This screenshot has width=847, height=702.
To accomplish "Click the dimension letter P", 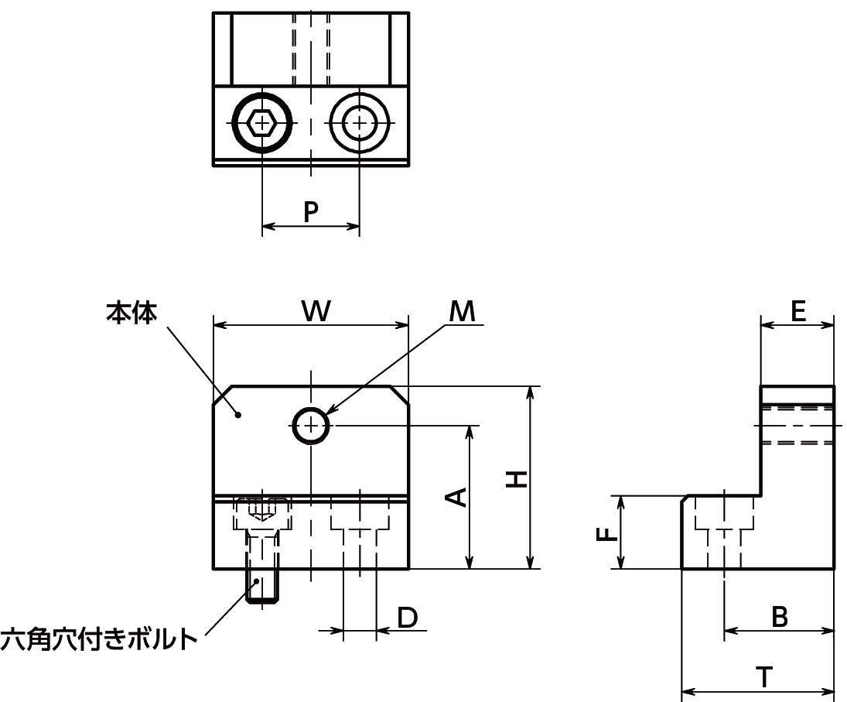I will tap(310, 211).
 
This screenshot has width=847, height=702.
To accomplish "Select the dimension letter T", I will tap(763, 677).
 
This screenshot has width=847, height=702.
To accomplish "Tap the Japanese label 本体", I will tap(131, 312).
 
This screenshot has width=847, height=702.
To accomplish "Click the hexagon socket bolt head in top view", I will tap(263, 122).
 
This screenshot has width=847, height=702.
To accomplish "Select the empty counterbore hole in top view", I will tap(358, 122).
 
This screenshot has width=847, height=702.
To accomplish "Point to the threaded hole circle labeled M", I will tap(311, 425).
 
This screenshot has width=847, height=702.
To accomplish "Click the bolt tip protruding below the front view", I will tap(263, 587).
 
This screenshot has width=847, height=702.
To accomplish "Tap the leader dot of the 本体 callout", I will tap(239, 415).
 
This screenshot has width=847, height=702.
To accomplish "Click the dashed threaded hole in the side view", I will tap(797, 424).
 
